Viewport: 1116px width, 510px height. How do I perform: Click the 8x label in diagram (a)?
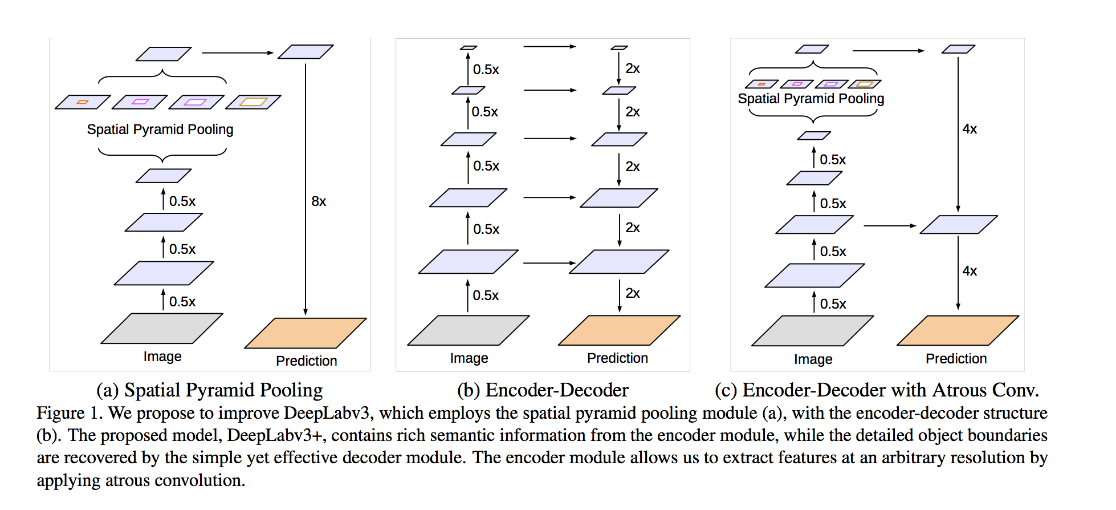319,201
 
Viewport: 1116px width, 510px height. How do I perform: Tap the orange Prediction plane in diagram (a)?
306,333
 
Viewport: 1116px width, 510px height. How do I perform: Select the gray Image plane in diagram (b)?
469,330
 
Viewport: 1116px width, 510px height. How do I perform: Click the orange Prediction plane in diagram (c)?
958,330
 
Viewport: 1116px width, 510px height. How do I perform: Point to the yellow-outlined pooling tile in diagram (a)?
253,102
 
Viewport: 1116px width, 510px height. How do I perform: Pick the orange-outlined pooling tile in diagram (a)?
83,102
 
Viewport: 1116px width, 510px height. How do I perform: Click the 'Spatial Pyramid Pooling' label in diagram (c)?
811,99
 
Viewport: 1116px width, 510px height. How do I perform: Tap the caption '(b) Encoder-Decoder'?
543,390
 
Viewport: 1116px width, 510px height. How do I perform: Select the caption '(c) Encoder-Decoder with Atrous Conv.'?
877,390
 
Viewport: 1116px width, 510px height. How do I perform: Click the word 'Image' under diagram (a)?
162,357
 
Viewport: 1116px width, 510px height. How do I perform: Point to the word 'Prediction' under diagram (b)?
618,358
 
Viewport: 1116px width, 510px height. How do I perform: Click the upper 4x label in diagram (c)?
970,129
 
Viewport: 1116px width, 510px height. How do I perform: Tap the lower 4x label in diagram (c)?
970,271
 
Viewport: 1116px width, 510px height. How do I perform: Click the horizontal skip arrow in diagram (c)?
890,226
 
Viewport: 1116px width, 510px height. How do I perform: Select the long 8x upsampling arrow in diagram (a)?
306,189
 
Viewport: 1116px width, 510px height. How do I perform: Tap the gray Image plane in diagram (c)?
813,331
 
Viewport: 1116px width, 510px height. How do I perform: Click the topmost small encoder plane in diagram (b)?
469,48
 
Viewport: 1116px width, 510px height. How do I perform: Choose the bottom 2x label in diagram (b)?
633,293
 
